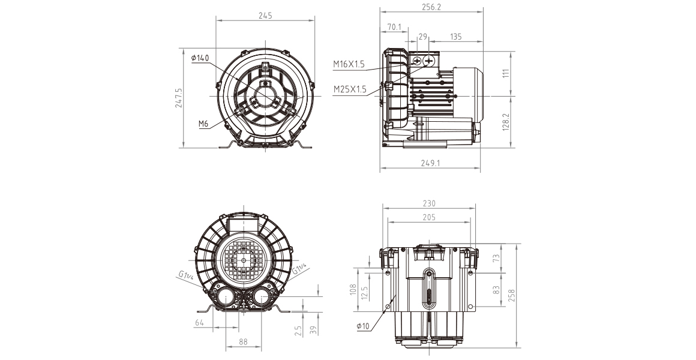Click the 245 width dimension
click(265, 16)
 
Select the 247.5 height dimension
click(179, 98)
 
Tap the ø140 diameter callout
click(200, 58)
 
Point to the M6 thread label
click(203, 124)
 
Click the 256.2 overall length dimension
click(432, 7)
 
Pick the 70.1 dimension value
click(394, 27)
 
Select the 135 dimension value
click(455, 37)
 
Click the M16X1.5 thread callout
click(349, 64)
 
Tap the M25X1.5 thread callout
click(350, 89)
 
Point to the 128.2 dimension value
click(506, 121)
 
